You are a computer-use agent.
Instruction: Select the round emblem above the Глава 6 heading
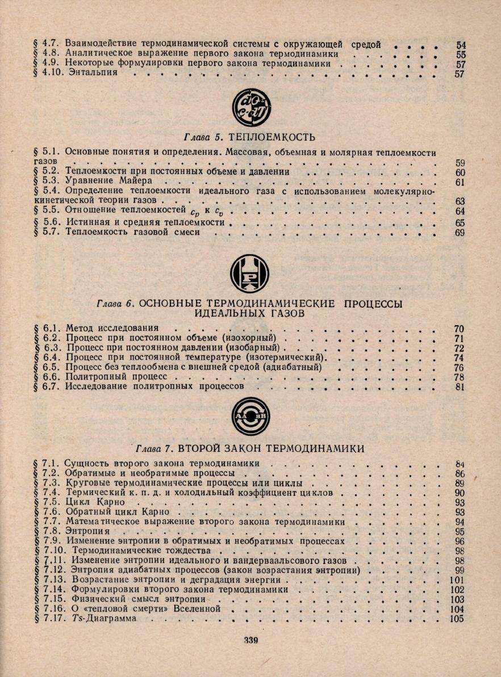pyautogui.click(x=250, y=273)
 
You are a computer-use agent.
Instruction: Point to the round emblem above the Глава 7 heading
pyautogui.click(x=250, y=416)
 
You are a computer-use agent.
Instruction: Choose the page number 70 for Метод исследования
pyautogui.click(x=460, y=328)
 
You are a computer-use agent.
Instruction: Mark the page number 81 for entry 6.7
pyautogui.click(x=460, y=387)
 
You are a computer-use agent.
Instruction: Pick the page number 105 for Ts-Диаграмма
pyautogui.click(x=457, y=619)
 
